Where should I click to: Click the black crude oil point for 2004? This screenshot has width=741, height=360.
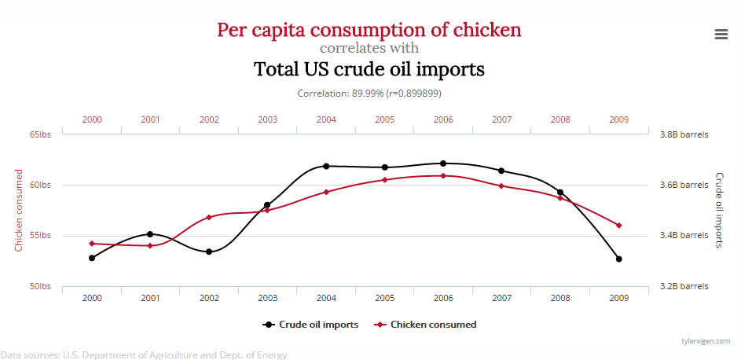coord(326,166)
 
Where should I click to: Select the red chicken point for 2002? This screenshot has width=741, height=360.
coord(209,217)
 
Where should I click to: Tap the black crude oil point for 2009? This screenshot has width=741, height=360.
coord(619,259)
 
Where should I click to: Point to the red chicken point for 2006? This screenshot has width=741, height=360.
coord(443,175)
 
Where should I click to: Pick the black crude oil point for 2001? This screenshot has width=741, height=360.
coord(150,234)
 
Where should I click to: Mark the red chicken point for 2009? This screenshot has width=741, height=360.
coord(619,226)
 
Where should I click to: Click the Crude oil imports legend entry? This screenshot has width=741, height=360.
coord(312,324)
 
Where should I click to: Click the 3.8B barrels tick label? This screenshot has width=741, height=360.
coord(684,134)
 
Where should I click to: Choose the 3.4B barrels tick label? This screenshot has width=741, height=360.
coord(684,235)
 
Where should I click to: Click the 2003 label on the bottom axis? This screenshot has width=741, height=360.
coord(267,298)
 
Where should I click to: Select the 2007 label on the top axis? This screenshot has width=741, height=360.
coord(502,120)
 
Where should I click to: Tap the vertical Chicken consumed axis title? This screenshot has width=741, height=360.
coord(19,210)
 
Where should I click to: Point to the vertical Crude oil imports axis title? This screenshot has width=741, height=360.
coord(719,210)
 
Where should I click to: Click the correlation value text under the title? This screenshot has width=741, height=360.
coord(369,93)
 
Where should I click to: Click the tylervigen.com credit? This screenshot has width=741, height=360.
coord(706,341)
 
